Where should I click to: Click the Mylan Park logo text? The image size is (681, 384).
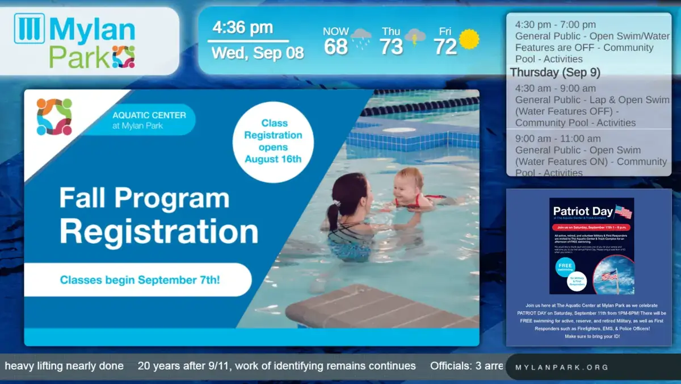(91, 41)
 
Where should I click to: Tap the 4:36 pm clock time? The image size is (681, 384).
(242, 28)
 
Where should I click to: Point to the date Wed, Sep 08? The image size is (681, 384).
(257, 53)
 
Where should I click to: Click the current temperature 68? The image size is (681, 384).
(335, 47)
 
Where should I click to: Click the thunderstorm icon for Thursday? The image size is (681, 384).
(415, 38)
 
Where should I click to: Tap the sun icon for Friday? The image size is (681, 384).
(469, 39)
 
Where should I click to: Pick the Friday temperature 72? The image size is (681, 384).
(445, 47)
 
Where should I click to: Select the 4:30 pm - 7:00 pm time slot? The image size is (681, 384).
(555, 25)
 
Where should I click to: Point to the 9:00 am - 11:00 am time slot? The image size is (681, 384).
(557, 139)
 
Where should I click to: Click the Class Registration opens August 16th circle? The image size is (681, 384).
(273, 141)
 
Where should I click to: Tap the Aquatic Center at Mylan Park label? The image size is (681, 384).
(149, 120)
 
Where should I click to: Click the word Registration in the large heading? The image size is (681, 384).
(159, 232)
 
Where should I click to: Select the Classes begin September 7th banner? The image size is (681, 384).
(140, 280)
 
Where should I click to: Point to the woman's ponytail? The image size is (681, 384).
(333, 216)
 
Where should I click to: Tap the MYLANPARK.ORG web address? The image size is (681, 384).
(561, 368)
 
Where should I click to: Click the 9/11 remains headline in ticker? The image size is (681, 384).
(276, 366)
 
